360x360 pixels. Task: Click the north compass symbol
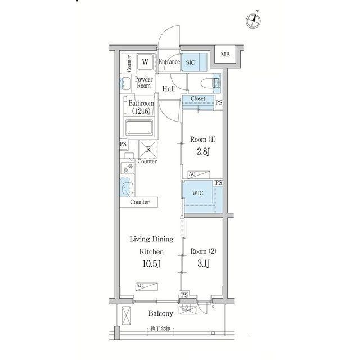click(x=254, y=21)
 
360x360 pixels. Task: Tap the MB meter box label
click(x=225, y=55)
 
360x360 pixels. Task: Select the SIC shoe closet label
click(x=190, y=62)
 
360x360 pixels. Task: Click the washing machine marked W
click(x=145, y=61)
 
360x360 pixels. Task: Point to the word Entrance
click(x=169, y=62)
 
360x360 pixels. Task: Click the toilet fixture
click(x=210, y=83)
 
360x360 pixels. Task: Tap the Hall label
click(x=169, y=89)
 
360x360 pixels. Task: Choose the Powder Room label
click(x=144, y=83)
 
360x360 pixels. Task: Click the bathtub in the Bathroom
click(x=139, y=128)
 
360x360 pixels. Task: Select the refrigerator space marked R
click(x=148, y=149)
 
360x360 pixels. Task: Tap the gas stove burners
click(x=128, y=168)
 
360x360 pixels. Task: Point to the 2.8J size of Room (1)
click(x=203, y=152)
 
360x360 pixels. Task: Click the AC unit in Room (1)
click(x=199, y=174)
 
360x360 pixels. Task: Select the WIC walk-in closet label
click(x=197, y=193)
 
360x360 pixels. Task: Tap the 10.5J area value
click(x=151, y=264)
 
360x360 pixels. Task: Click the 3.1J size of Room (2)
click(x=204, y=264)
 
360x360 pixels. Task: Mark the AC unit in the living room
click(x=146, y=286)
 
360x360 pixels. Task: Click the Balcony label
click(x=161, y=313)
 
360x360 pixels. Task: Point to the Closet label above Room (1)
click(x=198, y=98)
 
